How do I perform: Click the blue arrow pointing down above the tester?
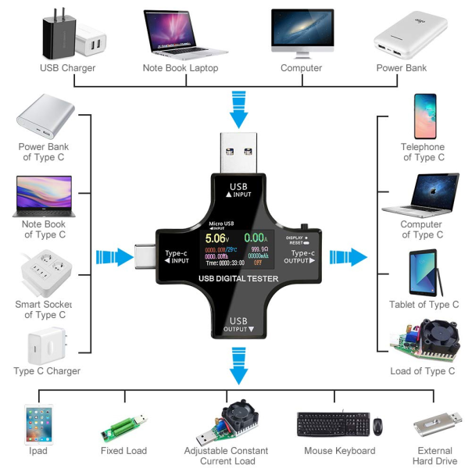coord(238,108)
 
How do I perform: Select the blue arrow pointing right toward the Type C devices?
coord(348,256)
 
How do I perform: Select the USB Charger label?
coord(68,68)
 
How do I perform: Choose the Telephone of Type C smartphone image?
coord(424,116)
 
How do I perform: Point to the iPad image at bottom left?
coord(38,424)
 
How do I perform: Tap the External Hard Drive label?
coord(434,456)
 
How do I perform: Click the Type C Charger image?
coord(44,344)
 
